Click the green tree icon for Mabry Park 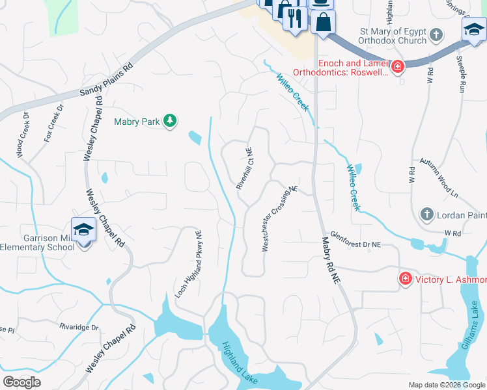[169, 120]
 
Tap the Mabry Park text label [136, 121]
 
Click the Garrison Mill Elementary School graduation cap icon [83, 229]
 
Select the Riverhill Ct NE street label [244, 168]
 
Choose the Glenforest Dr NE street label [355, 240]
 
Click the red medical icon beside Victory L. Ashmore [405, 278]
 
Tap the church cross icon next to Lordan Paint [426, 213]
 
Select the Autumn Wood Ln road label [439, 177]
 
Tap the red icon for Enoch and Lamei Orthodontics [397, 66]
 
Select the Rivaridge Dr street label [78, 327]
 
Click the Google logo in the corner [21, 382]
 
